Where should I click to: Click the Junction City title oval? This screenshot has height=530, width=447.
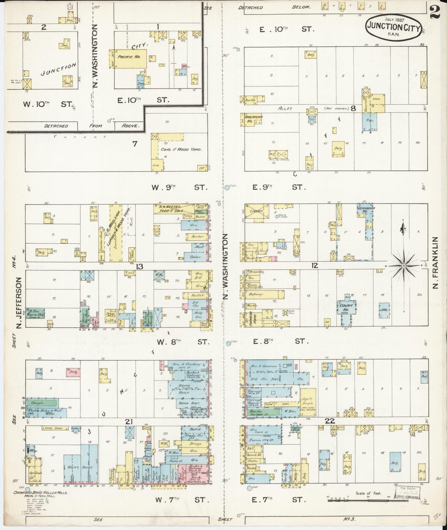[x=393, y=27]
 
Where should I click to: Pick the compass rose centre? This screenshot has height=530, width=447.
[x=404, y=265]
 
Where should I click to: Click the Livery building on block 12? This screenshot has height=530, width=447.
[x=254, y=211]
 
